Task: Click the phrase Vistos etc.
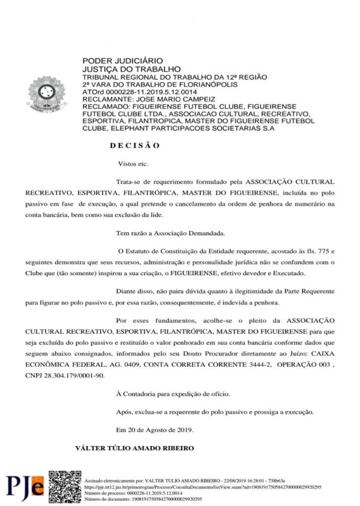click(x=133, y=164)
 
